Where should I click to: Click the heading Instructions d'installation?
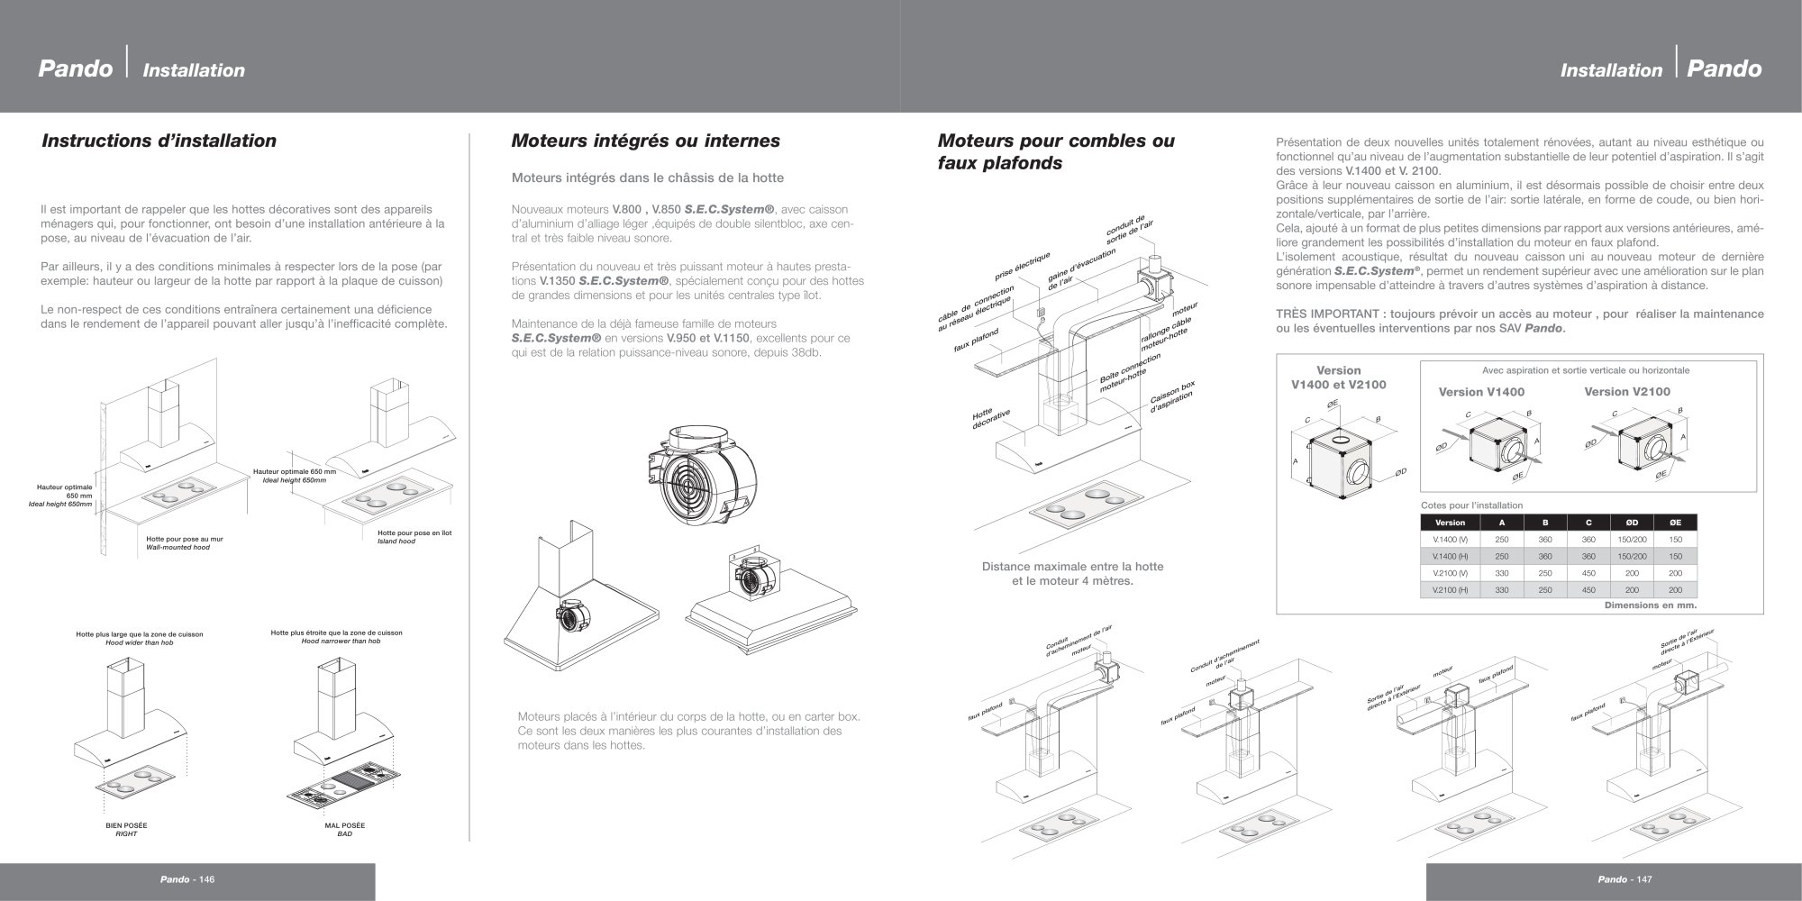(x=159, y=141)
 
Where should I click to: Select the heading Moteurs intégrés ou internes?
(x=645, y=141)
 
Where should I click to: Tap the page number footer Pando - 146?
(x=188, y=879)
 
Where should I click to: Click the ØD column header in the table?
(x=1632, y=523)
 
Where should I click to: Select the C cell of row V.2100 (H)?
(x=1588, y=590)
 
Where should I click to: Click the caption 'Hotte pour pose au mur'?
(x=185, y=539)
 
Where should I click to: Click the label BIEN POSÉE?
(x=126, y=825)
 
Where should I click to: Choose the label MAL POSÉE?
(x=345, y=825)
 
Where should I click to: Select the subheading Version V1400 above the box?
(x=1481, y=392)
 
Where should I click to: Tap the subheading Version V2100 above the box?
(x=1627, y=392)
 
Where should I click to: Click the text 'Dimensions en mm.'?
(x=1651, y=605)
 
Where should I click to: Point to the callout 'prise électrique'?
(x=1022, y=265)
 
